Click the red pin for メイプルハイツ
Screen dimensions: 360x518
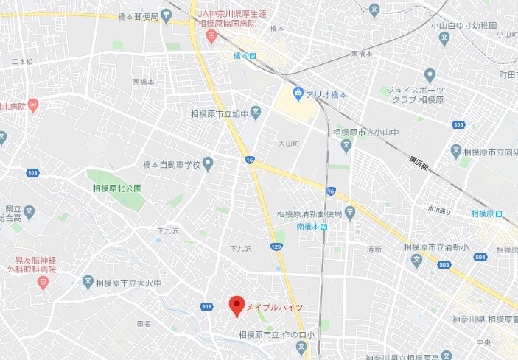pos(236,305)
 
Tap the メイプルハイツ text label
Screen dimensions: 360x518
pos(273,307)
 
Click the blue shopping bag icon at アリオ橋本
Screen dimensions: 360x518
pos(298,93)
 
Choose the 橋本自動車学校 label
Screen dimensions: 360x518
pos(172,163)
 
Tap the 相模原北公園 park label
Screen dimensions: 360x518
pos(117,188)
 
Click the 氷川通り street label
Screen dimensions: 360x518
pos(441,209)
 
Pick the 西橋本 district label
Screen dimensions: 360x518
pos(144,82)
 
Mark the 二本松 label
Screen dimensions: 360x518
pos(22,62)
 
